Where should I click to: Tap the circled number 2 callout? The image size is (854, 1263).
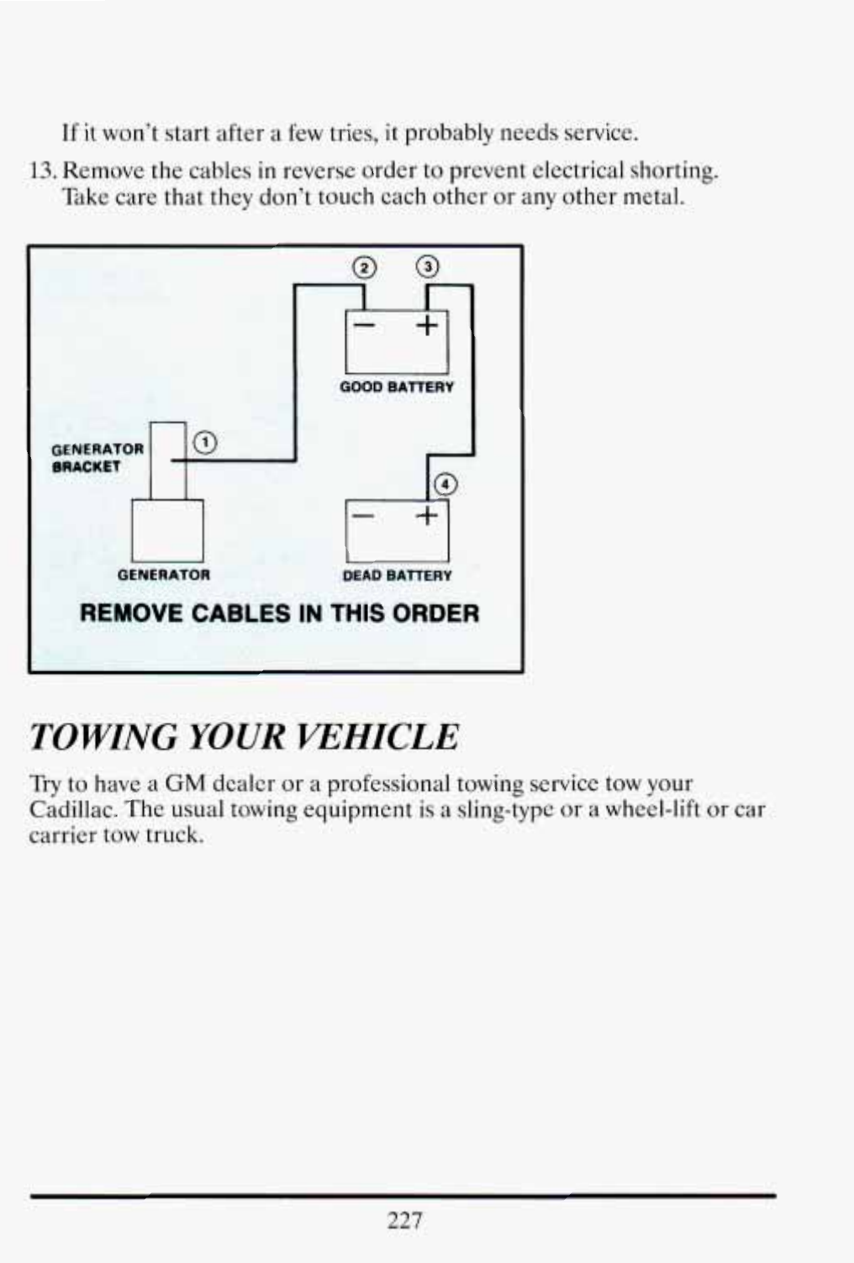tap(363, 268)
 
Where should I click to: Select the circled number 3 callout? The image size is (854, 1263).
tap(427, 267)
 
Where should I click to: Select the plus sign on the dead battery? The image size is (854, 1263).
tap(427, 515)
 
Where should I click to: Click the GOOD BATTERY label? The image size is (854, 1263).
tap(397, 387)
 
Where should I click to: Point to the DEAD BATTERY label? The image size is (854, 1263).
tap(397, 576)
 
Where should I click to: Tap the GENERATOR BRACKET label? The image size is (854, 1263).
tap(98, 458)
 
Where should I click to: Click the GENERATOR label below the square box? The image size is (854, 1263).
tap(164, 576)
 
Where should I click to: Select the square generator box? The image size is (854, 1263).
tap(167, 530)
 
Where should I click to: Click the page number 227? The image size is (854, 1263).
tap(404, 1220)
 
